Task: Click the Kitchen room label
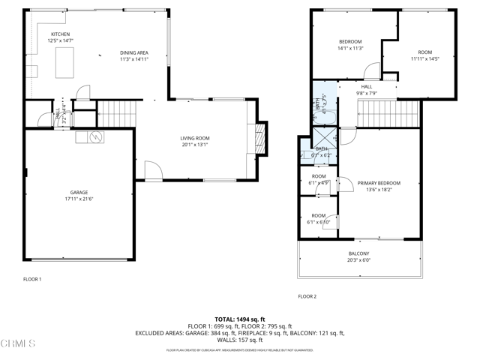pos(60,35)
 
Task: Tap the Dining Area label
pos(134,52)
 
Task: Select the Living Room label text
pos(194,138)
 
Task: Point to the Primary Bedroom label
pos(379,183)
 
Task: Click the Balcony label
pos(358,253)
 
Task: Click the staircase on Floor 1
pos(115,114)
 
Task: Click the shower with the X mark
pos(322,137)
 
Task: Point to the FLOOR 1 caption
pos(32,279)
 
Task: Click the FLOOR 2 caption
pos(307,296)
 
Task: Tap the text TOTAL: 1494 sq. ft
pos(240,319)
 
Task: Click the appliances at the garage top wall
pos(89,137)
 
